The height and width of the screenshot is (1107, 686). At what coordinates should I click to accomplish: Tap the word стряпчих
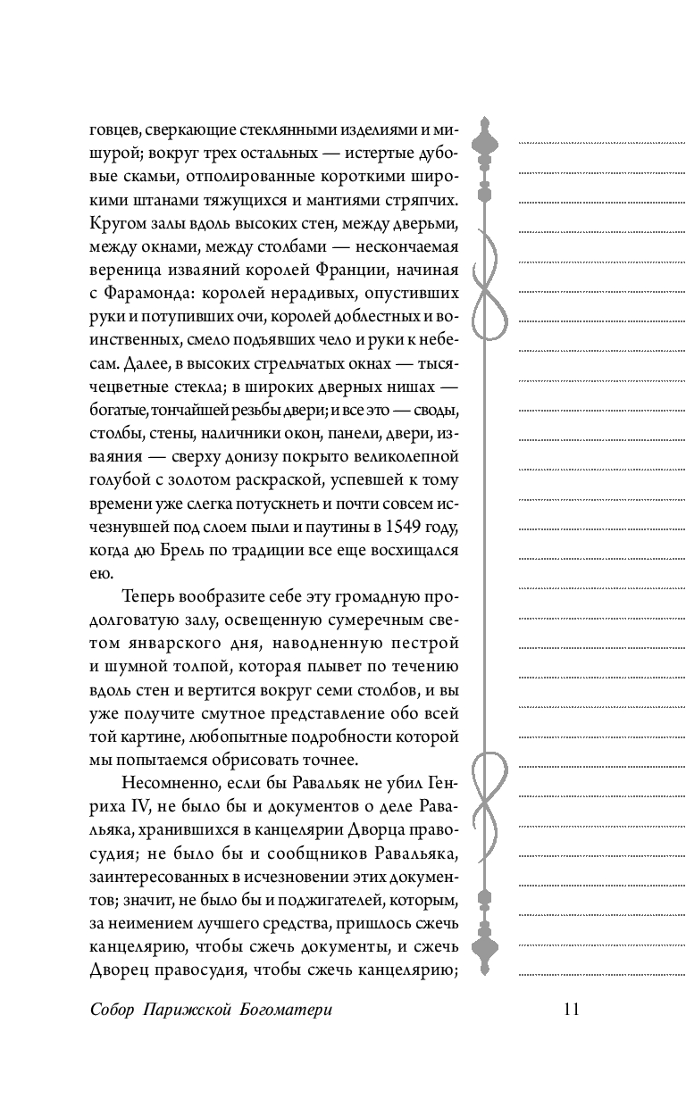pos(422,199)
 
